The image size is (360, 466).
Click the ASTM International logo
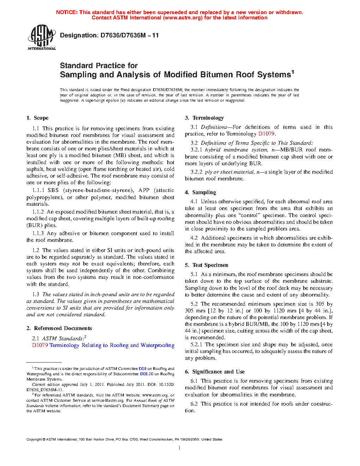[42, 37]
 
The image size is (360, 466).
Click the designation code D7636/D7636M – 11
[129, 35]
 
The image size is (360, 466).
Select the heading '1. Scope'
[38, 118]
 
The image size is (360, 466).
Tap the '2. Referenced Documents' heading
[59, 328]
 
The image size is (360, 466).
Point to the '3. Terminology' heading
[204, 118]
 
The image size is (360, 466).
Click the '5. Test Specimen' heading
[206, 265]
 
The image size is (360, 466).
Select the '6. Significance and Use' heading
[215, 372]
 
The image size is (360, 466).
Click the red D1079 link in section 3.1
[266, 134]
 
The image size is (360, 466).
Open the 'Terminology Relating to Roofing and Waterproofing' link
[112, 345]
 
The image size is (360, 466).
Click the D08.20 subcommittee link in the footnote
[146, 374]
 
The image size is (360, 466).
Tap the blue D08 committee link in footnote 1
[142, 369]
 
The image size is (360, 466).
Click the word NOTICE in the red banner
[67, 12]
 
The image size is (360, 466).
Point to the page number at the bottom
[180, 448]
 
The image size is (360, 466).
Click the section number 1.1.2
[38, 212]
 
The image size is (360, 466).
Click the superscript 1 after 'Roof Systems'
[293, 72]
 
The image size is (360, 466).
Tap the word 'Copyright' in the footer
[34, 440]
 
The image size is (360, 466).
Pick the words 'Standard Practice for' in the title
[99, 66]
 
